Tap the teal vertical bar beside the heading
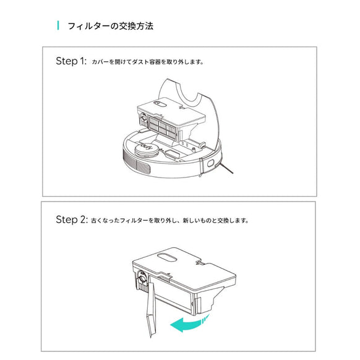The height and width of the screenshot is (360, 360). [58, 26]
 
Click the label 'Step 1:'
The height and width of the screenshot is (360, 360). [71, 62]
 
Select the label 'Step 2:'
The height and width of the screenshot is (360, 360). [71, 220]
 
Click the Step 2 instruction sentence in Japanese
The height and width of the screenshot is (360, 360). [170, 220]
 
